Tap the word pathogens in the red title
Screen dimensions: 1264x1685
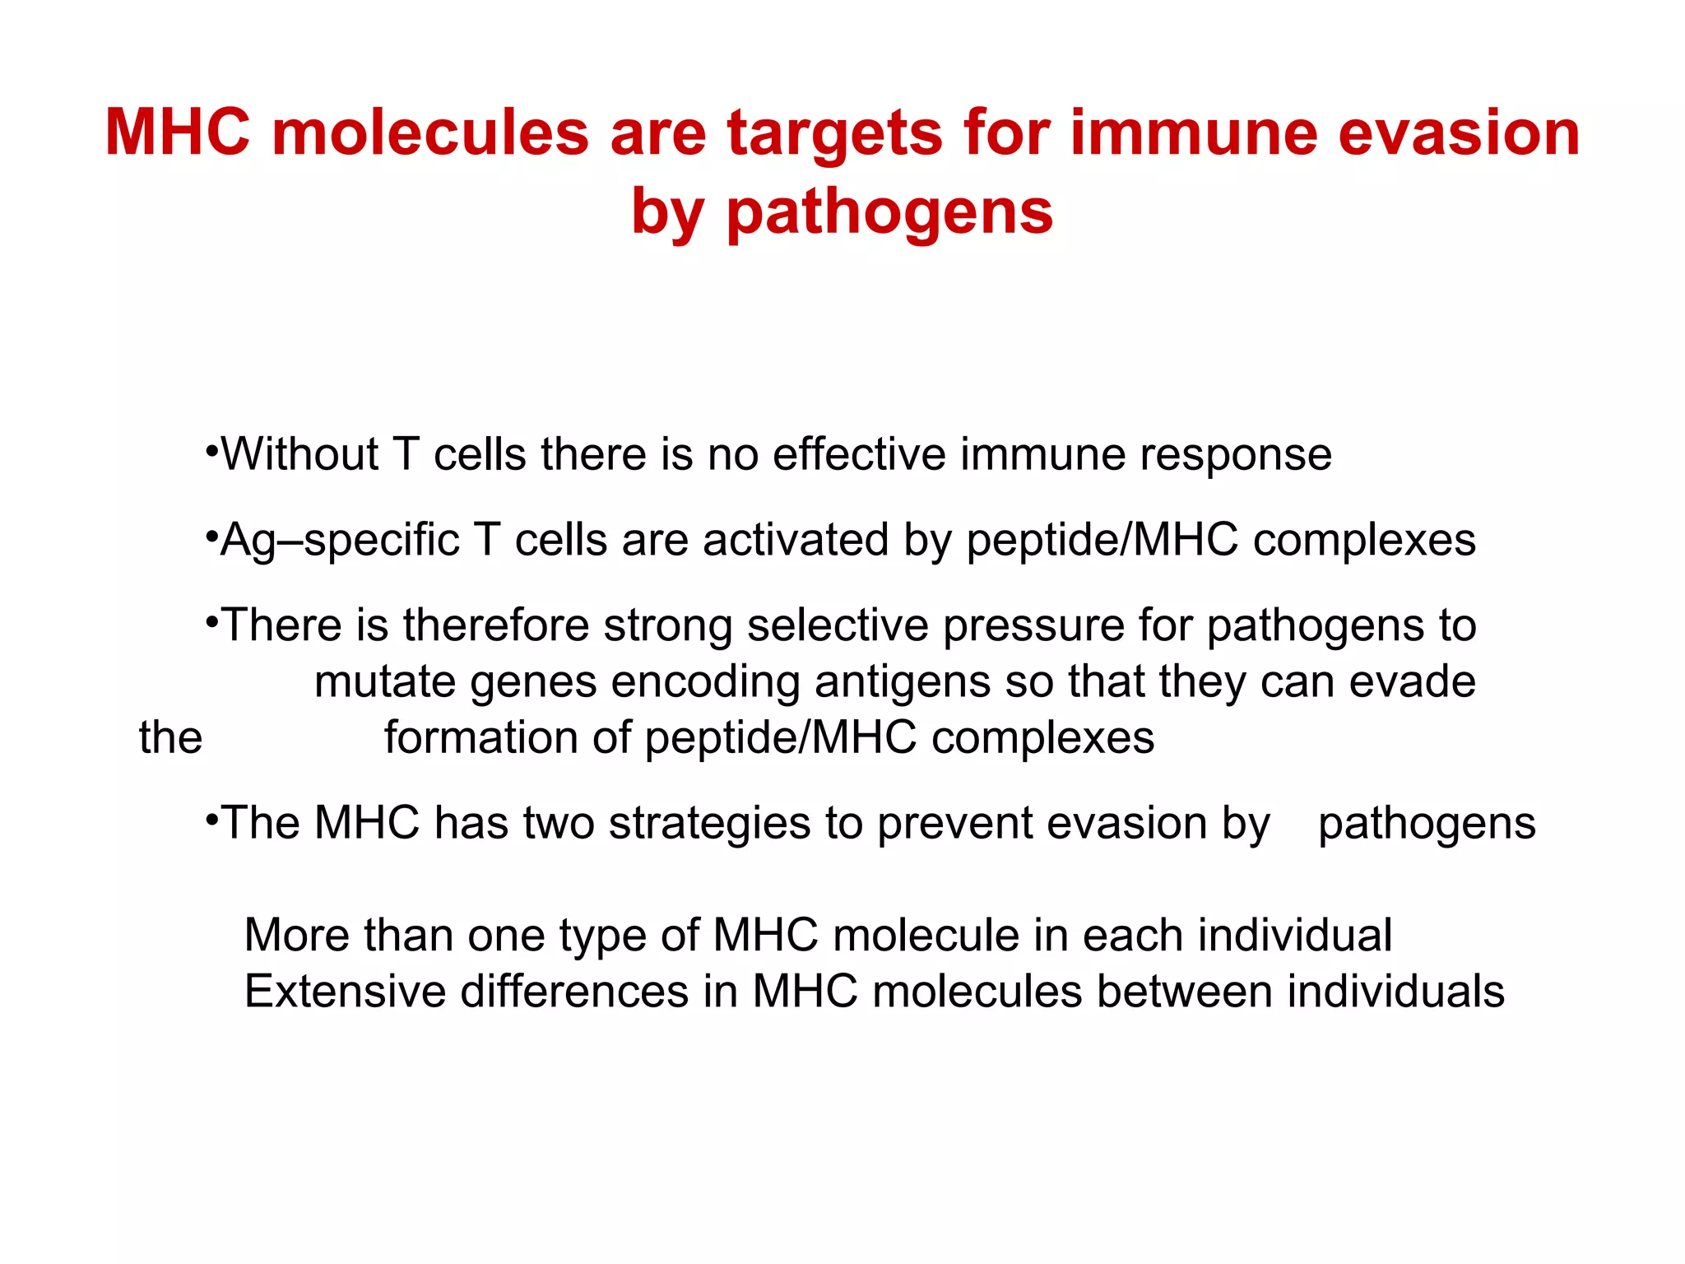(x=889, y=212)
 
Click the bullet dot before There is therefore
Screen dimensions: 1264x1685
(x=211, y=622)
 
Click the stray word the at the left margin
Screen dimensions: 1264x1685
(x=170, y=737)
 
